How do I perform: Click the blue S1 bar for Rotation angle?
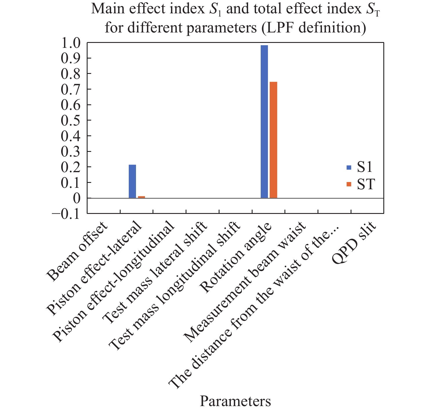tap(264, 122)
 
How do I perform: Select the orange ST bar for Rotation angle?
tap(273, 140)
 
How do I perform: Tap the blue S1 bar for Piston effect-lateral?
tap(132, 181)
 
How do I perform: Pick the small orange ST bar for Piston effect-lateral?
tap(142, 197)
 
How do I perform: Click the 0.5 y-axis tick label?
tap(70, 120)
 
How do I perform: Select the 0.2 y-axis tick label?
tap(70, 167)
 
